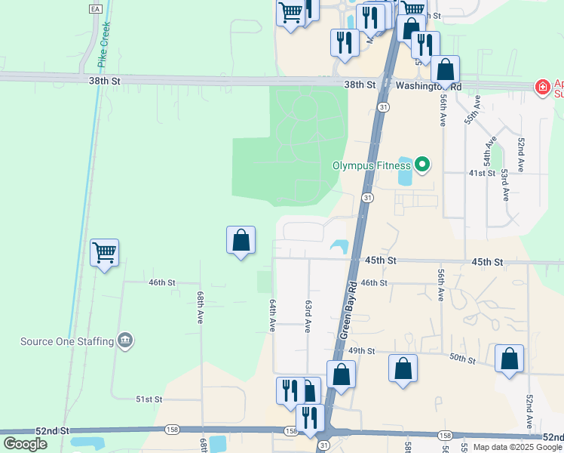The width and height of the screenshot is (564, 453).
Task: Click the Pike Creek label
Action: (x=105, y=44)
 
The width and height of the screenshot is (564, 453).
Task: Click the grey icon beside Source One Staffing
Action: (x=125, y=341)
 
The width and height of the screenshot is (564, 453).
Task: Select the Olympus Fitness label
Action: (x=372, y=165)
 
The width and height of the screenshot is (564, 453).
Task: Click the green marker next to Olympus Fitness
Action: (x=422, y=164)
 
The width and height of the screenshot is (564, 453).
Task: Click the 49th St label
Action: (x=362, y=351)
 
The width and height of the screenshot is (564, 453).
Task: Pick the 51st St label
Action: (x=149, y=399)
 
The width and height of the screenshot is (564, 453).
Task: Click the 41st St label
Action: (x=481, y=173)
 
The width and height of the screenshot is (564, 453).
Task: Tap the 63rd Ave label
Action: (x=308, y=316)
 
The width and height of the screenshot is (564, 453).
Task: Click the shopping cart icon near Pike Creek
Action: (x=103, y=252)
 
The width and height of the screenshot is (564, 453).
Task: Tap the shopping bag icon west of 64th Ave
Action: (x=241, y=241)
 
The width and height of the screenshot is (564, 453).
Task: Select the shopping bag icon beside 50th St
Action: (x=509, y=359)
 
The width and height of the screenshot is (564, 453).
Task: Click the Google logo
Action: (x=26, y=443)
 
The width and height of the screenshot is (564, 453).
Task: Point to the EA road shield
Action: (x=94, y=8)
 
